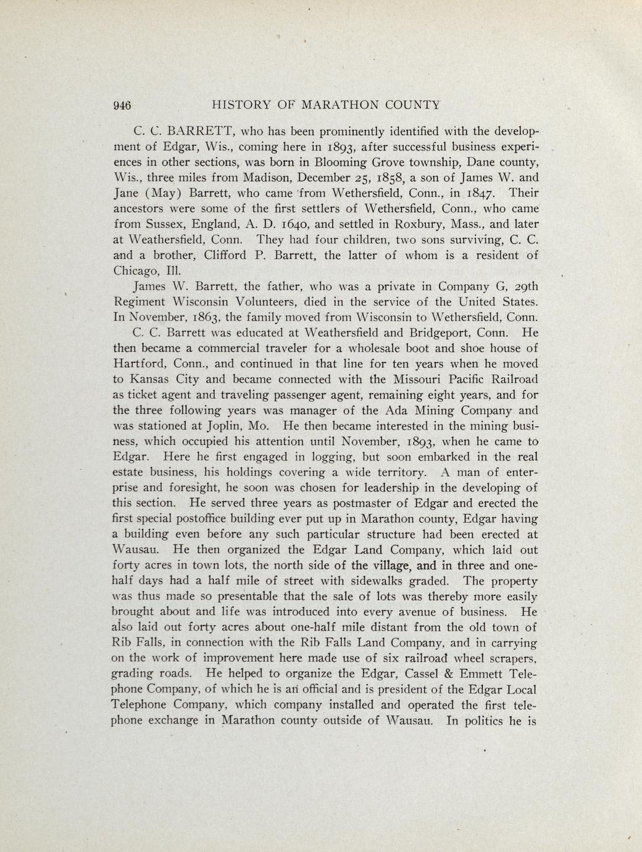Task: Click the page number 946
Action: tap(123, 105)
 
